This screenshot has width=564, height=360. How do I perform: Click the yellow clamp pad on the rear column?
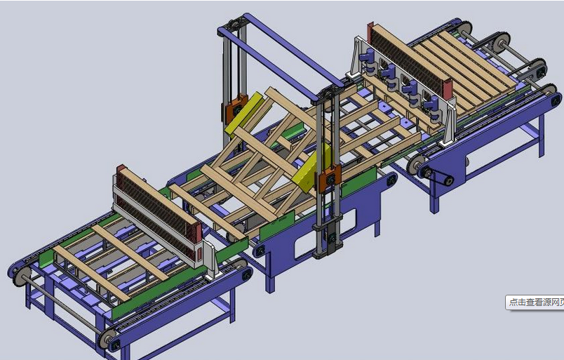(x=244, y=112)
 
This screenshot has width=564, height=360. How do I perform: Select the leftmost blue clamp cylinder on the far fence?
(x=368, y=60)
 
